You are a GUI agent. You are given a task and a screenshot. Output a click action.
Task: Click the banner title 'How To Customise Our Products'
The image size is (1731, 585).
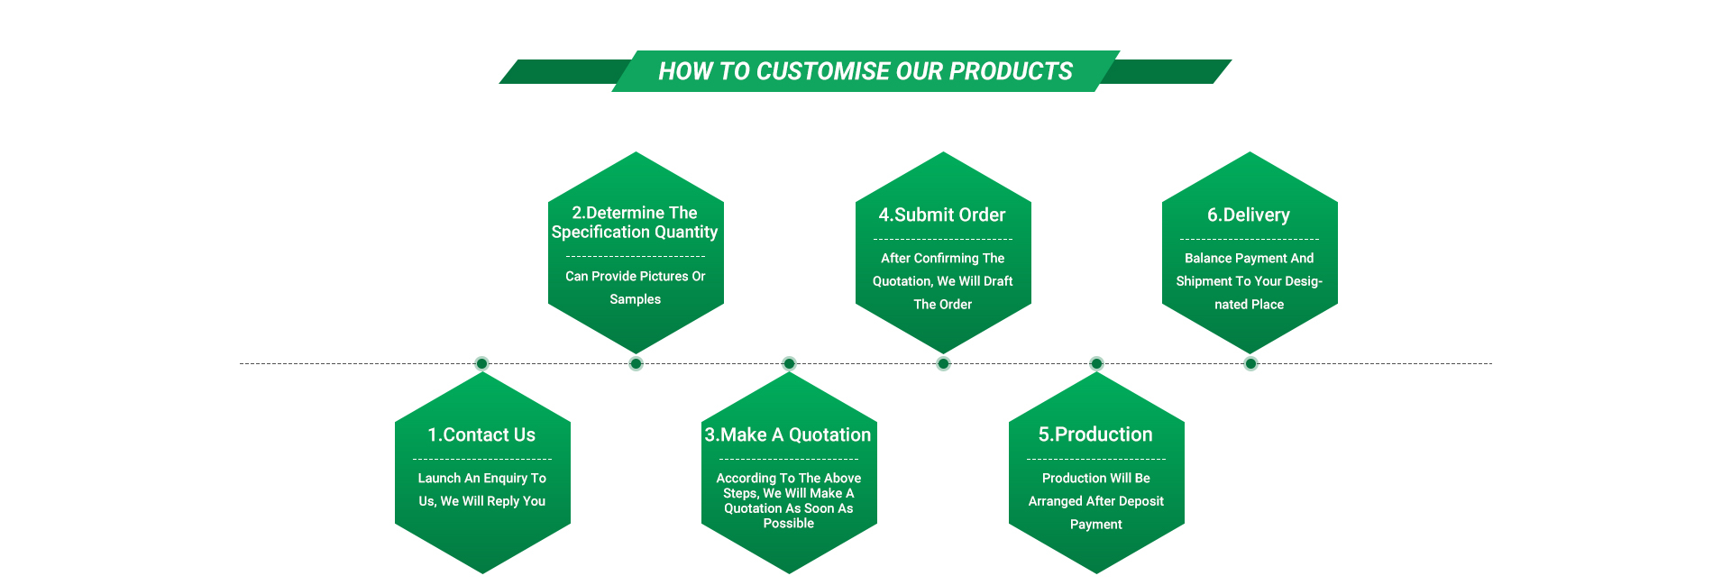[865, 71]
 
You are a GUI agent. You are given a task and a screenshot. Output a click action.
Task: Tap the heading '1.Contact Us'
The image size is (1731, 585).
[481, 434]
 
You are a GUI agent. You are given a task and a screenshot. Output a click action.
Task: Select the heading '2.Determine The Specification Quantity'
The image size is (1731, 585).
[635, 222]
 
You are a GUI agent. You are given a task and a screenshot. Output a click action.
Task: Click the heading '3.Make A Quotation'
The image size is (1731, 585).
[788, 434]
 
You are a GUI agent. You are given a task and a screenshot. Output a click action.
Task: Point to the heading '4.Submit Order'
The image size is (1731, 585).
[942, 215]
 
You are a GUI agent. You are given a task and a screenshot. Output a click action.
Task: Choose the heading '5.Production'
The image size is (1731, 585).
[1095, 434]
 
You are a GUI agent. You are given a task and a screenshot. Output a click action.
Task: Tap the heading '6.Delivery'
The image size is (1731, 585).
[1249, 215]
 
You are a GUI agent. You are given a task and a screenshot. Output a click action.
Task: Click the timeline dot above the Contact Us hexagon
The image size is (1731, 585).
[481, 363]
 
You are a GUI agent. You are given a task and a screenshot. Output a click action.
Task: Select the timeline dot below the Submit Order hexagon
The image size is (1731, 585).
[943, 363]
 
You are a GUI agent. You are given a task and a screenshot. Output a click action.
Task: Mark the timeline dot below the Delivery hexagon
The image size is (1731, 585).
[1250, 363]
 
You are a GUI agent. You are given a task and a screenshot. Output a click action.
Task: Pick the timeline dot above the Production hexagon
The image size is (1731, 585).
[1096, 363]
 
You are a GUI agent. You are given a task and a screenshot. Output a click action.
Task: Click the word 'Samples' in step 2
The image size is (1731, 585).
[635, 299]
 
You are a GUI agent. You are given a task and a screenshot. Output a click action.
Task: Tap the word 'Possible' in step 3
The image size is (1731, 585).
[789, 524]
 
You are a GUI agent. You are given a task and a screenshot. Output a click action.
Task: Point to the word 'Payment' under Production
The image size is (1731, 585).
[1096, 525]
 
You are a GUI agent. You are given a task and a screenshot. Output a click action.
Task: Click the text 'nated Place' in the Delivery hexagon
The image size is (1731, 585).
[1249, 305]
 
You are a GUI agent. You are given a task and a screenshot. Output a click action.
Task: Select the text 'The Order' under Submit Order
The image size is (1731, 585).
[943, 305]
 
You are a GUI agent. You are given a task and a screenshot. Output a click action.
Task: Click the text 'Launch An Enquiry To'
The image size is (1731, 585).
[482, 479]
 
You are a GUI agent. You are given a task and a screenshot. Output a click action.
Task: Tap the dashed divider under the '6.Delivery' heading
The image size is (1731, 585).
[1250, 239]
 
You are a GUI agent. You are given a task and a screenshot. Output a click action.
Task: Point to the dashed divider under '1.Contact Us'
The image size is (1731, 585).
[482, 459]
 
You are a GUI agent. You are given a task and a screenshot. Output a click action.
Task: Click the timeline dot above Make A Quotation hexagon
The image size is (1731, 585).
[789, 363]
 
